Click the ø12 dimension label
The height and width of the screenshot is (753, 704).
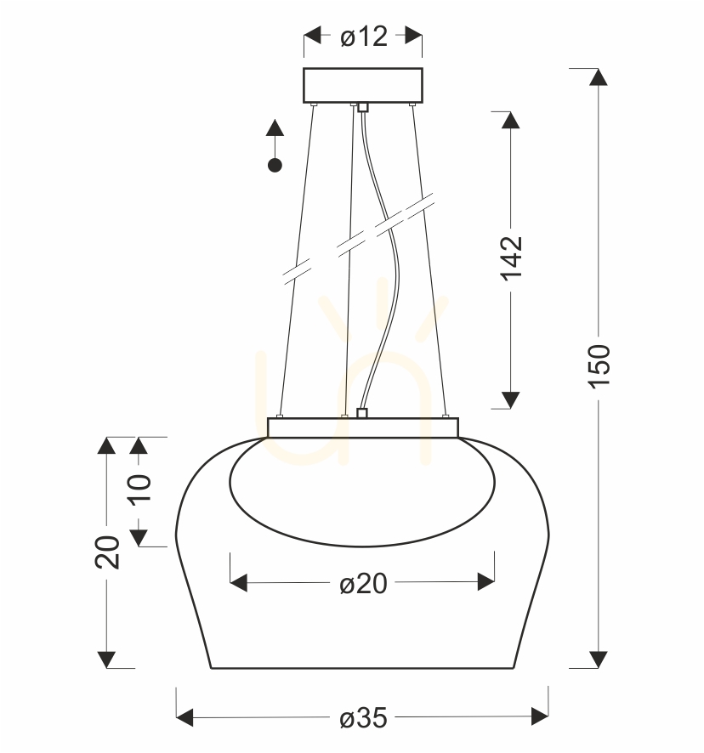click(x=363, y=37)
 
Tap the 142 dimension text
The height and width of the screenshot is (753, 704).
click(x=511, y=258)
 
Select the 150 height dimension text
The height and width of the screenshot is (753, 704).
click(x=599, y=365)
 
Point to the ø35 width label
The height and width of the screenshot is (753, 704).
click(x=363, y=718)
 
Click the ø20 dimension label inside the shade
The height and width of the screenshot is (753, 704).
click(x=363, y=584)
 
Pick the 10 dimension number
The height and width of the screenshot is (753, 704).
click(x=139, y=489)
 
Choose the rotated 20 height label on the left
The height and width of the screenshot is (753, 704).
click(x=106, y=552)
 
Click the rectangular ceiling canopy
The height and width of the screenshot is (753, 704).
click(x=363, y=85)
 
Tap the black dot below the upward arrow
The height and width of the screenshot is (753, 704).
click(x=275, y=166)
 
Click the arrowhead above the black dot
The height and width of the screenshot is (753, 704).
click(x=275, y=127)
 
